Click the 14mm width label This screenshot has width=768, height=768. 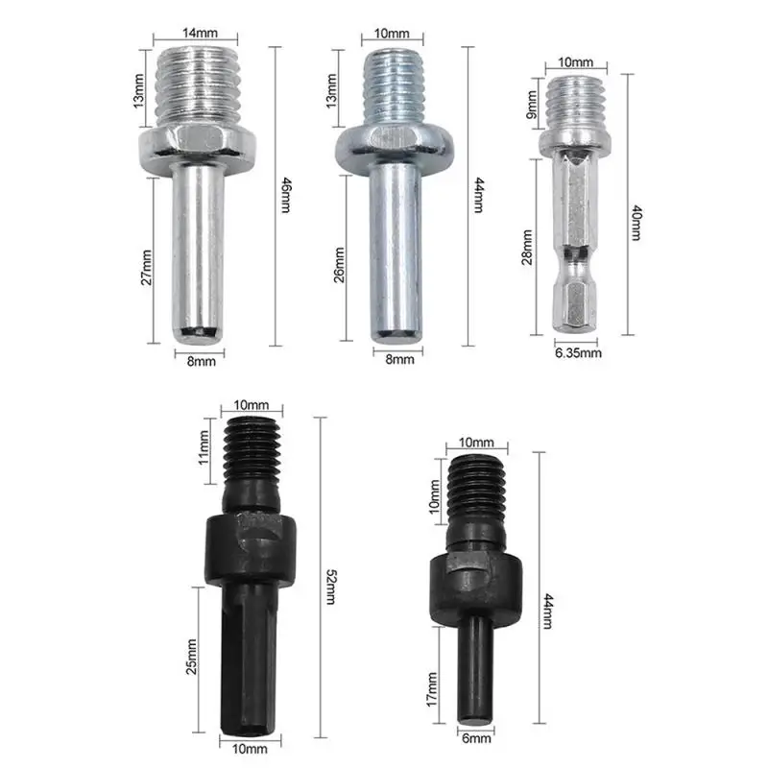200,34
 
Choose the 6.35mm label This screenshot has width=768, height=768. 578,353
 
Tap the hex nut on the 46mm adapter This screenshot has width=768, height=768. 201,144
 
